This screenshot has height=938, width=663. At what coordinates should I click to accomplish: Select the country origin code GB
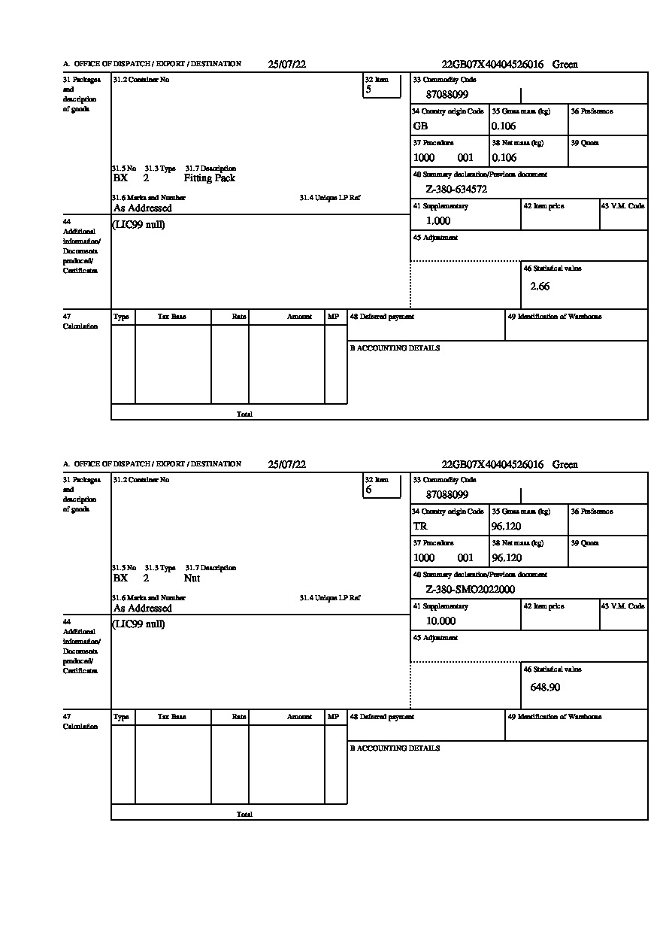click(x=420, y=126)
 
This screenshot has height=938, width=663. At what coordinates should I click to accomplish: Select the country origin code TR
click(x=420, y=527)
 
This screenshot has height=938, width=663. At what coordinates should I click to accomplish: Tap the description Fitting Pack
click(x=209, y=178)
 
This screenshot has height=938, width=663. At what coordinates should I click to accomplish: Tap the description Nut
click(x=192, y=578)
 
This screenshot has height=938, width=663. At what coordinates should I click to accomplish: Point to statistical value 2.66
click(x=540, y=287)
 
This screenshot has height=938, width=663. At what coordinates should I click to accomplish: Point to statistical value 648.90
click(x=545, y=688)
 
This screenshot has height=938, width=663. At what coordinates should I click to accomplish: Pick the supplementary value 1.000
click(x=438, y=221)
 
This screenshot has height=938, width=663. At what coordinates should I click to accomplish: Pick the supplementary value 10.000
click(x=440, y=621)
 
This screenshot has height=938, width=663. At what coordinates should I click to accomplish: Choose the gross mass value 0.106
click(x=504, y=126)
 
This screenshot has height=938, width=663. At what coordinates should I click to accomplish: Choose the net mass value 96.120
click(x=506, y=558)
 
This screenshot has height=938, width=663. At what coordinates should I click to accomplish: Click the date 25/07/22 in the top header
click(x=286, y=65)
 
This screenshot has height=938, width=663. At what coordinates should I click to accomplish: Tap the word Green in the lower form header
click(x=565, y=465)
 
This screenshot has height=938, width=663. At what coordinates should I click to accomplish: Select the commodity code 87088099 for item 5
click(x=447, y=95)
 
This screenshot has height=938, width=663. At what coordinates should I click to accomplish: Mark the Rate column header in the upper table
click(x=239, y=317)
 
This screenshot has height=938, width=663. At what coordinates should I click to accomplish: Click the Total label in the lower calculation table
click(x=244, y=815)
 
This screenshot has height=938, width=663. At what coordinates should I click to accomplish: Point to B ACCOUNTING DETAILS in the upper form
click(x=395, y=348)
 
